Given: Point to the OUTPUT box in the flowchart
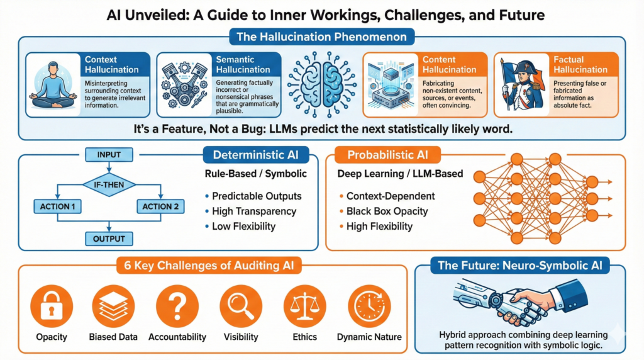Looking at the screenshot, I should click(109, 239).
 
